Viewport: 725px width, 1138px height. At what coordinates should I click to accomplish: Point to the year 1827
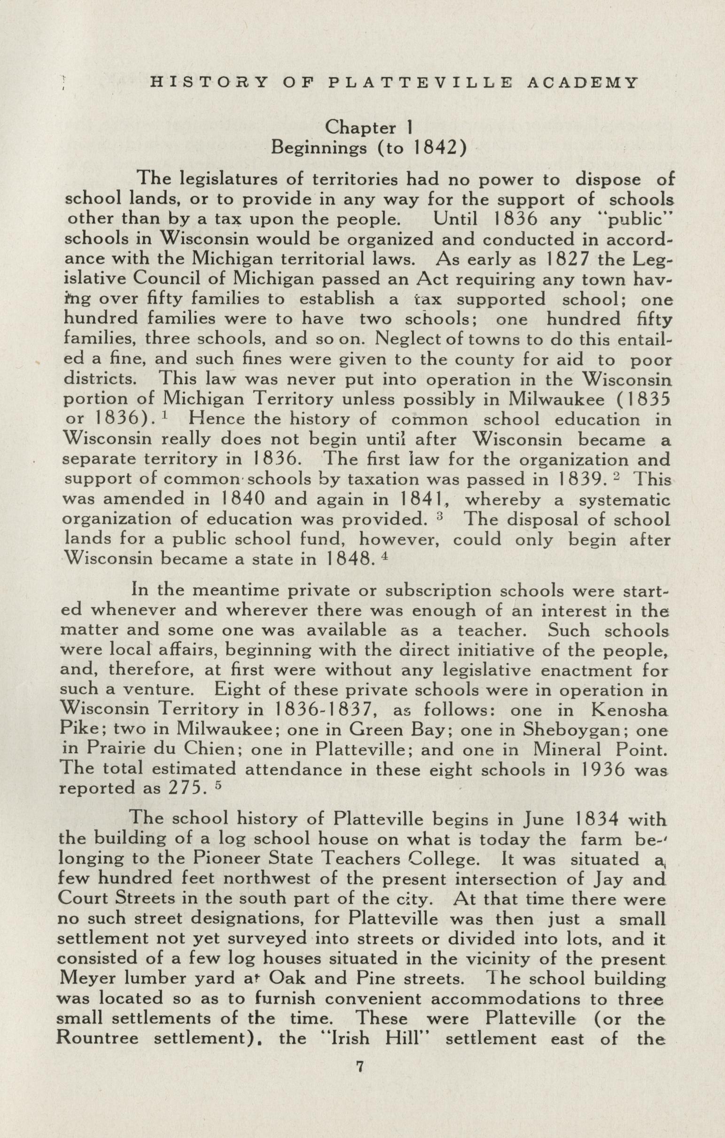point(567,259)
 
